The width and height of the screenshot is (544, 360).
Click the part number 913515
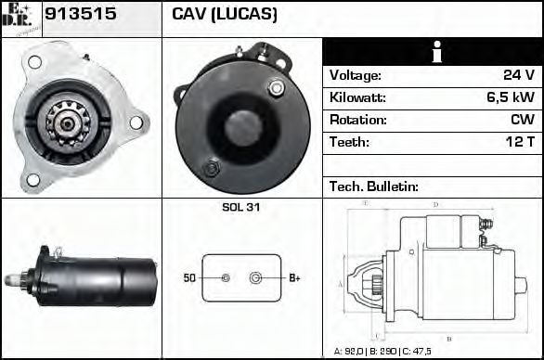77,15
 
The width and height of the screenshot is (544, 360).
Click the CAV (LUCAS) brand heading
224,15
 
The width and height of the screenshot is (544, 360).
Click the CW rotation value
523,120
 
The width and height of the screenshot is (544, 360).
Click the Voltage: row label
356,75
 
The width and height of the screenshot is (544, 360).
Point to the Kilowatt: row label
358,97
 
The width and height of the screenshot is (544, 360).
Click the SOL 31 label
241,208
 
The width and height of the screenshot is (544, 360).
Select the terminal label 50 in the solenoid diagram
189,277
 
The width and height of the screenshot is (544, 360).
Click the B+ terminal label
294,277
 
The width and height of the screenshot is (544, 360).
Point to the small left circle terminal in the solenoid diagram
226,277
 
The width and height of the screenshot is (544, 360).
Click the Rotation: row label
357,120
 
